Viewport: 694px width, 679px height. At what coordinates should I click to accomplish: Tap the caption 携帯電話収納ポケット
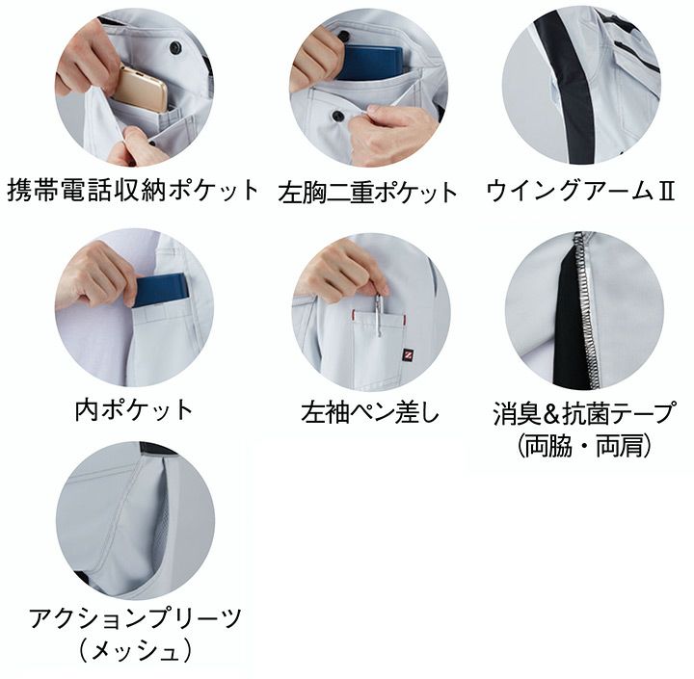tap(133, 190)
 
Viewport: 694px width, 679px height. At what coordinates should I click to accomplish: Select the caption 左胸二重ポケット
tap(368, 193)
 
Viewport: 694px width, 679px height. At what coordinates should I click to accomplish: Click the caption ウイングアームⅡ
tap(580, 191)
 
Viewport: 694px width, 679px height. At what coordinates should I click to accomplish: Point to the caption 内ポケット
tap(134, 409)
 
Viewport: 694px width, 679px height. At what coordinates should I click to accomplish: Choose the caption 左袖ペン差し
tap(369, 412)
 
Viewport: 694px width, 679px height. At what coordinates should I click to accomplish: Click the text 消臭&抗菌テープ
tap(585, 413)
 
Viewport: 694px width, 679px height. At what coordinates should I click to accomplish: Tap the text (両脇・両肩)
tap(585, 445)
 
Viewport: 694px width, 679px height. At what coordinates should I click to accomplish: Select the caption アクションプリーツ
tap(136, 618)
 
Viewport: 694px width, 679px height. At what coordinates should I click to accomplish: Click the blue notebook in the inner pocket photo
tap(162, 290)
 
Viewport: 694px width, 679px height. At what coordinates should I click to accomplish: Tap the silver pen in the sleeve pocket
tap(379, 314)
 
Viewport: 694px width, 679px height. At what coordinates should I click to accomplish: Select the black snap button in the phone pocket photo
tap(175, 46)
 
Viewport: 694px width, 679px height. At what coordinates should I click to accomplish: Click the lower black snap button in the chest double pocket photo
tap(337, 116)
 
